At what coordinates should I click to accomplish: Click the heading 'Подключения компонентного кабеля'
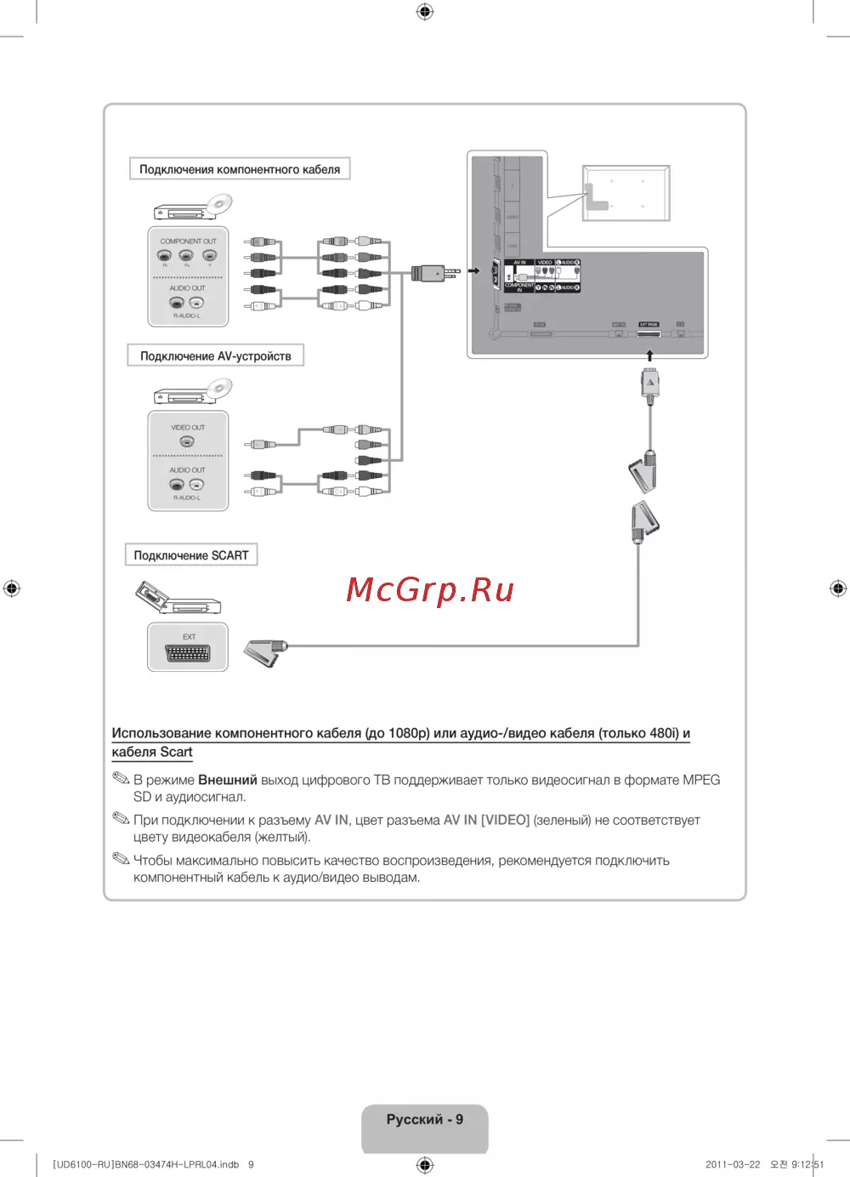tap(239, 169)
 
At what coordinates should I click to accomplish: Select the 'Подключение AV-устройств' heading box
tap(215, 355)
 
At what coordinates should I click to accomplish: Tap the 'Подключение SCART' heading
tap(191, 555)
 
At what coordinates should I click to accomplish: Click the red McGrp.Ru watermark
tap(430, 589)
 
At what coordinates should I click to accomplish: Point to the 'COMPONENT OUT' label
tap(188, 242)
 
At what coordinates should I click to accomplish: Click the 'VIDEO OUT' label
tap(188, 428)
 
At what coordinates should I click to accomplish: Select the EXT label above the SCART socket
tap(189, 637)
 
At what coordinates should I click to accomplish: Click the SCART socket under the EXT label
tap(188, 654)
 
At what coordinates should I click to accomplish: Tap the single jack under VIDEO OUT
tap(187, 441)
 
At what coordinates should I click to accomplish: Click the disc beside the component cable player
tap(219, 204)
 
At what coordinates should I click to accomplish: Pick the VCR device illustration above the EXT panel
tap(178, 597)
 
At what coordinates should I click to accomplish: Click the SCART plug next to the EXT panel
tap(265, 652)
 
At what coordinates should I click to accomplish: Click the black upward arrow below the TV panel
tap(649, 355)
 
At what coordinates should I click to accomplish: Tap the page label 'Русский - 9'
tap(425, 1119)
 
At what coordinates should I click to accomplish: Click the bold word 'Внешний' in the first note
tap(227, 780)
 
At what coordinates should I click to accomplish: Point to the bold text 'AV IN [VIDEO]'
tap(486, 820)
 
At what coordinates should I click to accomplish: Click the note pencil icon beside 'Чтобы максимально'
tap(121, 859)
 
